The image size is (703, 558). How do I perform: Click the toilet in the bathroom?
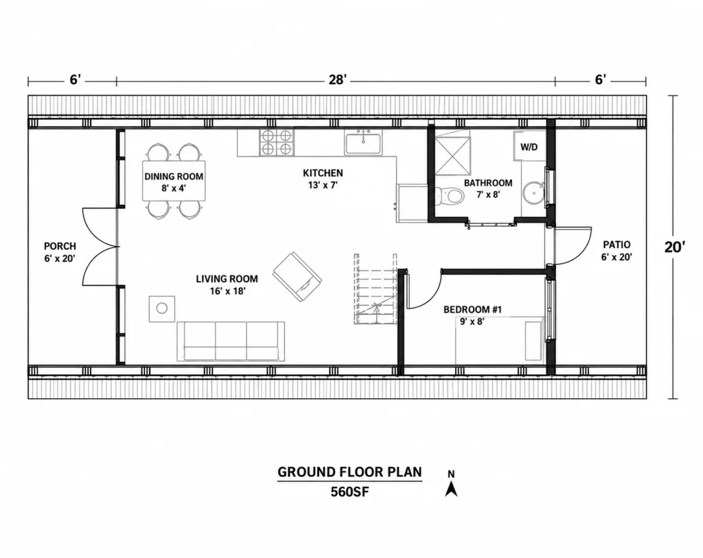449,195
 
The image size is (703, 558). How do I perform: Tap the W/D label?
529,147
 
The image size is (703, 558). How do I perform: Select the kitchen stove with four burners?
277,143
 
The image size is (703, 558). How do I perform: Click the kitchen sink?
363,143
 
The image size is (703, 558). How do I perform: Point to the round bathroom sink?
533,193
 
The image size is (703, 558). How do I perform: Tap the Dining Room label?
174,176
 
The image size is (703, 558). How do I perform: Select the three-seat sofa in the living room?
231,341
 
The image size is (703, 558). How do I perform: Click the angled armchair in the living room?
297,277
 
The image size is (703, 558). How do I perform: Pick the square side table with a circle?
162,308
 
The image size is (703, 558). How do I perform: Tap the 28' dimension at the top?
338,80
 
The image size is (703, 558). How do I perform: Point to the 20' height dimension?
675,247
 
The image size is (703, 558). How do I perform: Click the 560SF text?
349,492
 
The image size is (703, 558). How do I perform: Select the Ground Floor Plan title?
349,472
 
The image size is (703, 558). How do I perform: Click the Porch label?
60,246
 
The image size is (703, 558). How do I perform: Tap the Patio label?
616,245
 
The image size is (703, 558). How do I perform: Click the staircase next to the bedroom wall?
376,289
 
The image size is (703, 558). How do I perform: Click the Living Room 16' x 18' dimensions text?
227,291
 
